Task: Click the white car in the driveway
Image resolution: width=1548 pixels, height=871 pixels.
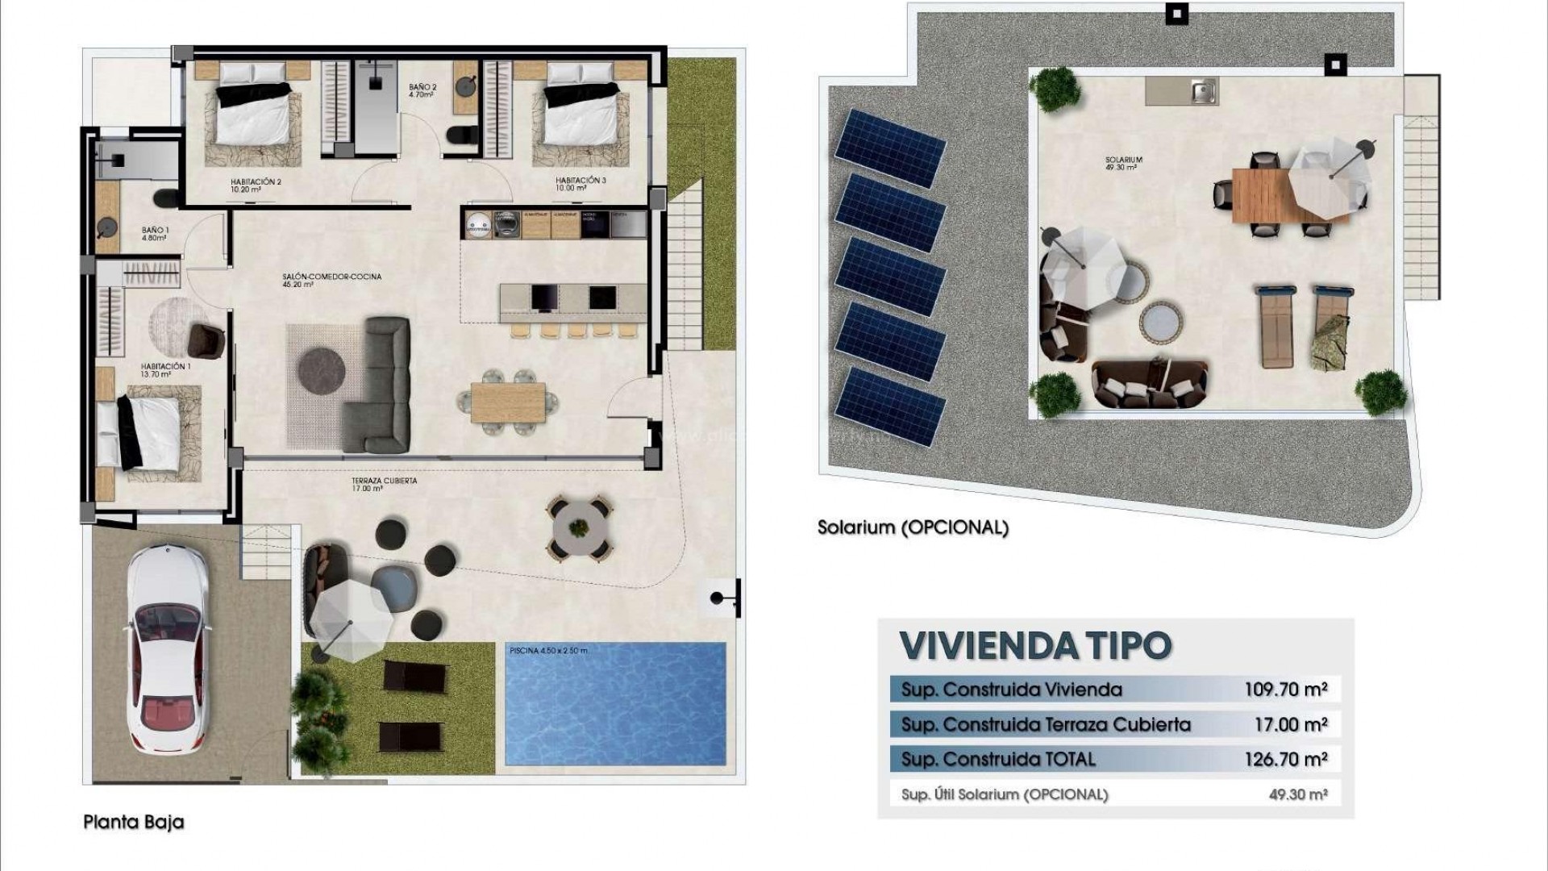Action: coord(168,648)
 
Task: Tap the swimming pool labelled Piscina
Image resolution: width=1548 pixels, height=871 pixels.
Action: coord(614,703)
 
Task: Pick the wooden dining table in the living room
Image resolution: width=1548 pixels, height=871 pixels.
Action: coord(508,402)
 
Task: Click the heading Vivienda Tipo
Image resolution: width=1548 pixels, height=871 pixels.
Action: coord(1035,645)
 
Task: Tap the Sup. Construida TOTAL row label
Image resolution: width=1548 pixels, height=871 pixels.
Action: coord(998,759)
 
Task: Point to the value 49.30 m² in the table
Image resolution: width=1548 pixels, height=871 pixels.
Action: coord(1297,794)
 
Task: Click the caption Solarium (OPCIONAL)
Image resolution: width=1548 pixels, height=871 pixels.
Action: coord(913,528)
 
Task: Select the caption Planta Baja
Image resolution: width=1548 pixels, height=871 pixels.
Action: coord(134,822)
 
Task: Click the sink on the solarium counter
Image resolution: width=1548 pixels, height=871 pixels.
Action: coord(1203,92)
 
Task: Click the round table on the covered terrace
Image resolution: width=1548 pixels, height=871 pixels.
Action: coord(579,528)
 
